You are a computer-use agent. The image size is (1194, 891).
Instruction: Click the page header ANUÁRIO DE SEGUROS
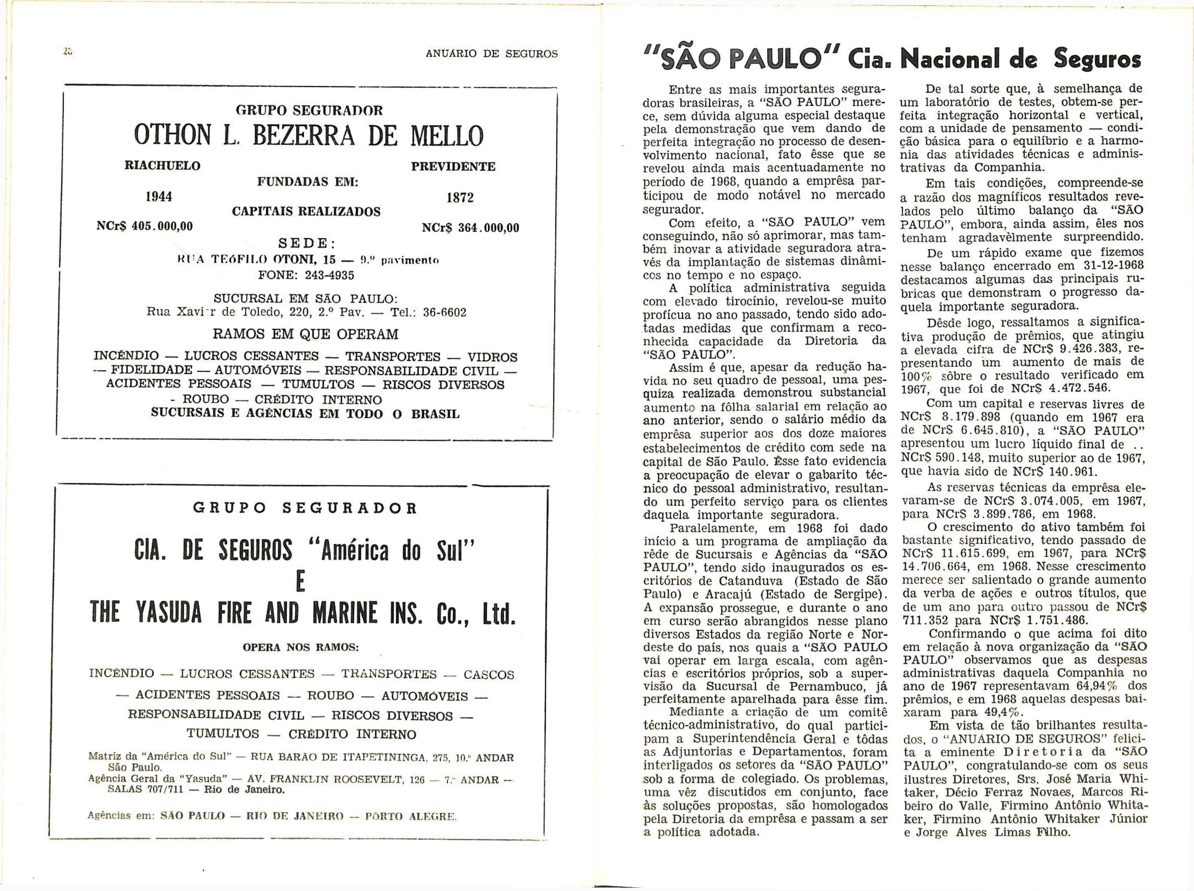pos(491,54)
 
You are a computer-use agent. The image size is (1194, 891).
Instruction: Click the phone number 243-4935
pos(329,275)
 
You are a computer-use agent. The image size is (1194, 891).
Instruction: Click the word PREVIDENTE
pos(453,167)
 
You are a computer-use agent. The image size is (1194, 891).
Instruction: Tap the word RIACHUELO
pos(162,166)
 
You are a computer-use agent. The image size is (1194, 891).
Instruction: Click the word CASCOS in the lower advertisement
pos(489,675)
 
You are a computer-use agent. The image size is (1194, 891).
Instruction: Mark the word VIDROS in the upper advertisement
pos(492,357)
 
